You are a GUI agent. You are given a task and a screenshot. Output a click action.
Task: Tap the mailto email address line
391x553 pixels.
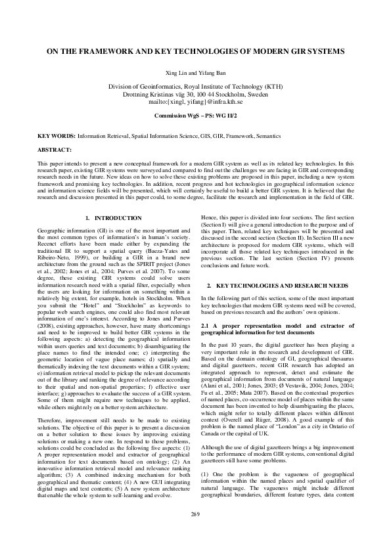[195, 102]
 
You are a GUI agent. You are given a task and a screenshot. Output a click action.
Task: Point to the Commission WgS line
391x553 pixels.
[195, 115]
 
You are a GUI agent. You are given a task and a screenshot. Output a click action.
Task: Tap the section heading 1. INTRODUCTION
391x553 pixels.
[113, 217]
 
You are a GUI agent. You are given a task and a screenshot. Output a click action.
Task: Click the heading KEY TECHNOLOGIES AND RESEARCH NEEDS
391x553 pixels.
[283, 287]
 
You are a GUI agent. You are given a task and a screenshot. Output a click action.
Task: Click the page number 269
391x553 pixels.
[195, 531]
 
